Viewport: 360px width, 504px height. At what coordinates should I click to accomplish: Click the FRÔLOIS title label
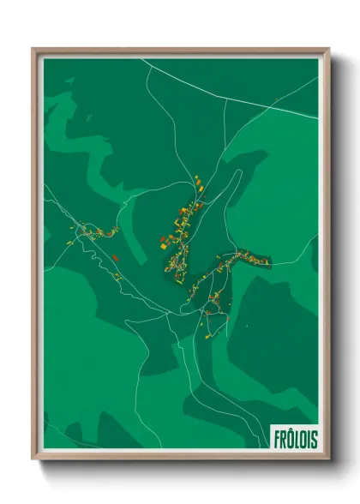296,438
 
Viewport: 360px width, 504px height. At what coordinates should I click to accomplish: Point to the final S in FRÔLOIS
314,438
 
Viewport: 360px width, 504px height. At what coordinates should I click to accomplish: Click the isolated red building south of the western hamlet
114,255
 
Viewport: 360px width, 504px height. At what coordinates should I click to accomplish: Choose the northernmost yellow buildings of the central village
197,181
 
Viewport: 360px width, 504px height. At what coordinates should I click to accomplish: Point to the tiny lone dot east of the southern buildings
247,325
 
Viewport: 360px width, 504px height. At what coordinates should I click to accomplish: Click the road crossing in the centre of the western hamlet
86,230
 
